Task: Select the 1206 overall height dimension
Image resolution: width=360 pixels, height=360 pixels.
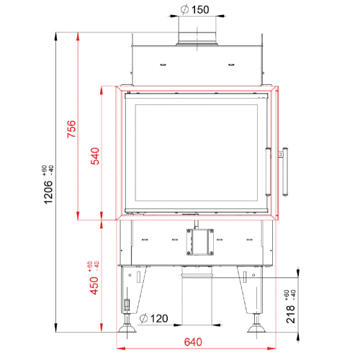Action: click(48, 192)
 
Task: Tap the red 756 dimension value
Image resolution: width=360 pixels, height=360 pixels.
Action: click(71, 129)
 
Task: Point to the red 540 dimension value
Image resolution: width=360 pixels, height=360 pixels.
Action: click(95, 156)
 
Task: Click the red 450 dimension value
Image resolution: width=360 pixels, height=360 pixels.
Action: click(94, 285)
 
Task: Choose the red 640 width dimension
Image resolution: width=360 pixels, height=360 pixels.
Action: click(193, 342)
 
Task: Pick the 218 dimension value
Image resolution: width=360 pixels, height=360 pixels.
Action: click(290, 314)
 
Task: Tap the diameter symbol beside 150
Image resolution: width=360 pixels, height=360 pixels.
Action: click(185, 10)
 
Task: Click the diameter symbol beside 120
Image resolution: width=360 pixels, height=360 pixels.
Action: click(143, 318)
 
